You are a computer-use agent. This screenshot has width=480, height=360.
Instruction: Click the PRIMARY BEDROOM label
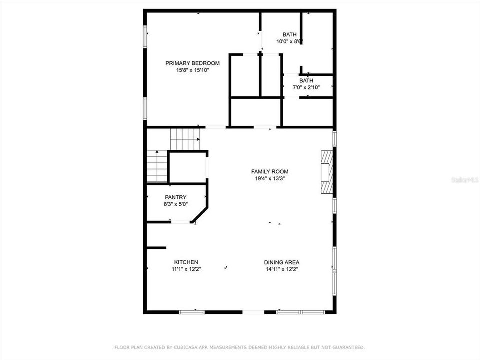192,63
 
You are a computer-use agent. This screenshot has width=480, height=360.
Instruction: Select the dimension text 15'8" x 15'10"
192,70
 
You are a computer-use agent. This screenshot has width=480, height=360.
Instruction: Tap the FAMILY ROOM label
270,172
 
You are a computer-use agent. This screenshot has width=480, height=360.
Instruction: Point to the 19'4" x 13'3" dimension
270,178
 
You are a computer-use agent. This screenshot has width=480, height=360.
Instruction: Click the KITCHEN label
186,262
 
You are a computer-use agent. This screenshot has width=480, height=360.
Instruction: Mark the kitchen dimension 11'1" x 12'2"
186,269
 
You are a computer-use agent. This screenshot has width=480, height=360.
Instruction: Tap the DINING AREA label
282,262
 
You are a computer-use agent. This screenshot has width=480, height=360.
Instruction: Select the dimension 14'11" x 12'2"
282,269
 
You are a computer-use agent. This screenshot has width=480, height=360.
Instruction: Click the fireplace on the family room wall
325,172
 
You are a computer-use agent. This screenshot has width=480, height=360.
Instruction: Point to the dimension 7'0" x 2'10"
306,87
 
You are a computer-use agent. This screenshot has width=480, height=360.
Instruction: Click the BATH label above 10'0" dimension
289,35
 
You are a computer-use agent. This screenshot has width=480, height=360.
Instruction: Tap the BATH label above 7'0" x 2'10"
306,81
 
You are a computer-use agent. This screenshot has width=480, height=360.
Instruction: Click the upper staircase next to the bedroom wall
185,138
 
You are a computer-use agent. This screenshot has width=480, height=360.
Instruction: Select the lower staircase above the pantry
157,166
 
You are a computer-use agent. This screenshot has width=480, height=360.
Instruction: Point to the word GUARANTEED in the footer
348,347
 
